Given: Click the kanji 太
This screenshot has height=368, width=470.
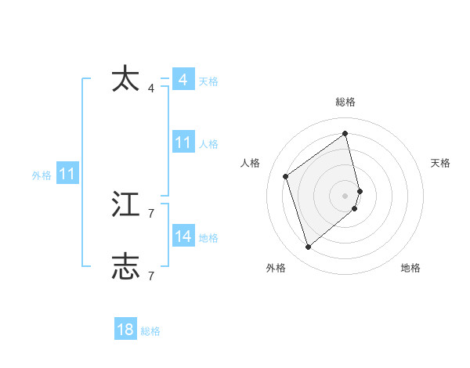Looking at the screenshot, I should click(125, 80).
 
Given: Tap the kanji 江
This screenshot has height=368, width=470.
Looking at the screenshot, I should click(125, 204).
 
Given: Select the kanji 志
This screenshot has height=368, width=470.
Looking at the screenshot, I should click(125, 266).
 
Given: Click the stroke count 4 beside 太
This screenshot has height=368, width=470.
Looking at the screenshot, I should click(151, 88).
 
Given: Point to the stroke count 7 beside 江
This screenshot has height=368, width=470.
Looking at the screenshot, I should click(151, 213).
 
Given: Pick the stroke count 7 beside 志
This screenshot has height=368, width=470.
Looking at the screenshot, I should click(151, 276).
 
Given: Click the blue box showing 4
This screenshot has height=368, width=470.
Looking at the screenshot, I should click(183, 80).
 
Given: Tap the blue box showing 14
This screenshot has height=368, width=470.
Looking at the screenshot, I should click(183, 236).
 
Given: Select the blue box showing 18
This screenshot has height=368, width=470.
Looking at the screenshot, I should click(125, 330).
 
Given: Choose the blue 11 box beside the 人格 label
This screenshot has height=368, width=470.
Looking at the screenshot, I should click(183, 143).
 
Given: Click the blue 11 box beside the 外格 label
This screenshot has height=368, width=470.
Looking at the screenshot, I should click(67, 174).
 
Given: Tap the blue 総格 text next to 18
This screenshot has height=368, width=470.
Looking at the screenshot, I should click(150, 331).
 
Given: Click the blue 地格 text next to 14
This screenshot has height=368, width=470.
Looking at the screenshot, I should click(208, 237).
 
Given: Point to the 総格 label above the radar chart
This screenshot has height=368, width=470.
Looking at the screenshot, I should click(345, 102).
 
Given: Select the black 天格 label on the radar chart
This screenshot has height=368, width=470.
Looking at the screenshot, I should click(440, 163).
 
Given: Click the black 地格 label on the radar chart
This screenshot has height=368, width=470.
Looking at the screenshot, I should click(410, 268).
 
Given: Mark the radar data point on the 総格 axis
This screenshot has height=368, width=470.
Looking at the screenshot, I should click(345, 133).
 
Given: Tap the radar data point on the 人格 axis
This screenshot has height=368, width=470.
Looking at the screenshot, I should click(286, 176).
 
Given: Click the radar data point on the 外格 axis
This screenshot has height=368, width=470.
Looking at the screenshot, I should click(309, 247).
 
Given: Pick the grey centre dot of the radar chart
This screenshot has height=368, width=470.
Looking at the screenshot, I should click(345, 195).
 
